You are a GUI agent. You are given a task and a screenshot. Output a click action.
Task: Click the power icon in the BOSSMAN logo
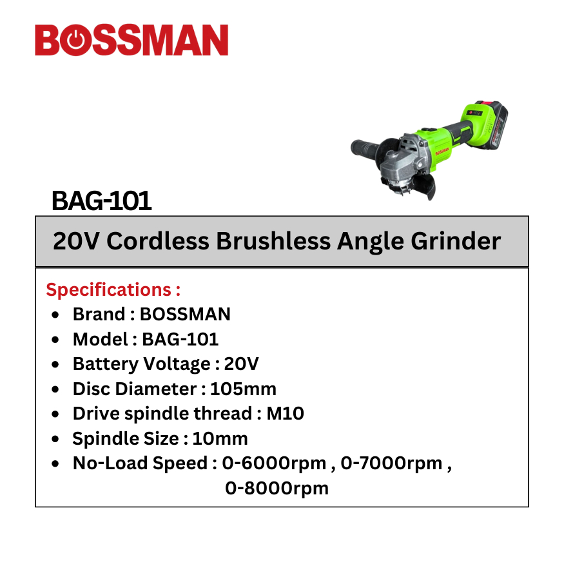click(75, 40)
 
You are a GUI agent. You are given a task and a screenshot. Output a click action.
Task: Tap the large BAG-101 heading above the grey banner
click(101, 200)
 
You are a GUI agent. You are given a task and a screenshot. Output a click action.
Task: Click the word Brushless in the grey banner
click(273, 240)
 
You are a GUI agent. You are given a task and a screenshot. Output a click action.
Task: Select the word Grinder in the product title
click(456, 240)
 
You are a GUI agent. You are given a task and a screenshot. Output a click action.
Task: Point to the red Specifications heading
click(113, 289)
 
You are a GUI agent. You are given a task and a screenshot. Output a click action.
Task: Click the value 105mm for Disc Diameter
click(243, 389)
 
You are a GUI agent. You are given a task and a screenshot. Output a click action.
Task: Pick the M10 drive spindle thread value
click(286, 414)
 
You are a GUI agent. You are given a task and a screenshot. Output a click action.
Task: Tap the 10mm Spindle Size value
click(220, 438)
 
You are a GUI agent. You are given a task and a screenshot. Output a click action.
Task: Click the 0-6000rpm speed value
click(274, 463)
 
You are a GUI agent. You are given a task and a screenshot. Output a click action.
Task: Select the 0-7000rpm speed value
click(391, 463)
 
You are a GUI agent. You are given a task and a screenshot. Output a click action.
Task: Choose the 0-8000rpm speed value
click(277, 489)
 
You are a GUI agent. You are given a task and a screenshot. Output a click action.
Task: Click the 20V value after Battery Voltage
click(241, 364)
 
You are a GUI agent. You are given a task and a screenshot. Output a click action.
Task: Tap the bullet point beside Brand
click(55, 315)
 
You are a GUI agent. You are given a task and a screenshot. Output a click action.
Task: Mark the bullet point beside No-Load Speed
click(55, 464)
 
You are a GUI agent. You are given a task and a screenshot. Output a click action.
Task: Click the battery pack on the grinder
click(490, 124)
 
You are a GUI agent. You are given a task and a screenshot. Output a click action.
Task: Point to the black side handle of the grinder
click(365, 148)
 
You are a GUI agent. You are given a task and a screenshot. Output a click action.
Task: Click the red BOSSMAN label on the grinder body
click(442, 151)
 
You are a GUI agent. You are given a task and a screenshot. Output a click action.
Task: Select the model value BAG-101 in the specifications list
click(180, 339)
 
